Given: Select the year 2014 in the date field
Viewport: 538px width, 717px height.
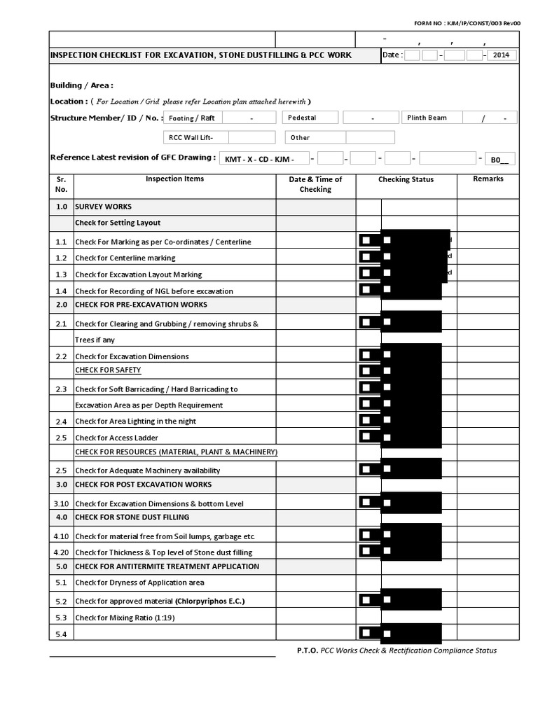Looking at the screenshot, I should click(501, 55).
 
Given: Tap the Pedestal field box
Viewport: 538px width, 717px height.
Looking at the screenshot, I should click(310, 118).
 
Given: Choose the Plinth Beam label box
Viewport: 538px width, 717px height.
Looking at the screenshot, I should click(435, 118).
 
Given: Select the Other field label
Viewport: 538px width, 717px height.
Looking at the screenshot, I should click(314, 137).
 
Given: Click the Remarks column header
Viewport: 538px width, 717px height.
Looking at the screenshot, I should click(488, 179).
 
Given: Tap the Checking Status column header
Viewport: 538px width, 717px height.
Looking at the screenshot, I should click(406, 179).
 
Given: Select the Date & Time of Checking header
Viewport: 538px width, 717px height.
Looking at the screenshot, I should click(315, 184).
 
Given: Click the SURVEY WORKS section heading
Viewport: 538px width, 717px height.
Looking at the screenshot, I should click(103, 207).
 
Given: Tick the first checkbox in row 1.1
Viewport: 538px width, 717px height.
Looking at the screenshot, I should click(366, 240).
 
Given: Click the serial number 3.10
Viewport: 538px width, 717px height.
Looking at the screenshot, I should click(61, 503).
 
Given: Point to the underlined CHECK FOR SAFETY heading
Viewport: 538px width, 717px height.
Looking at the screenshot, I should click(108, 370).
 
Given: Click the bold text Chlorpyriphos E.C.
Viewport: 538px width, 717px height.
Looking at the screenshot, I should click(210, 601).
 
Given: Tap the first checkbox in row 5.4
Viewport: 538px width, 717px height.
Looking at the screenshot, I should click(366, 632).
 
